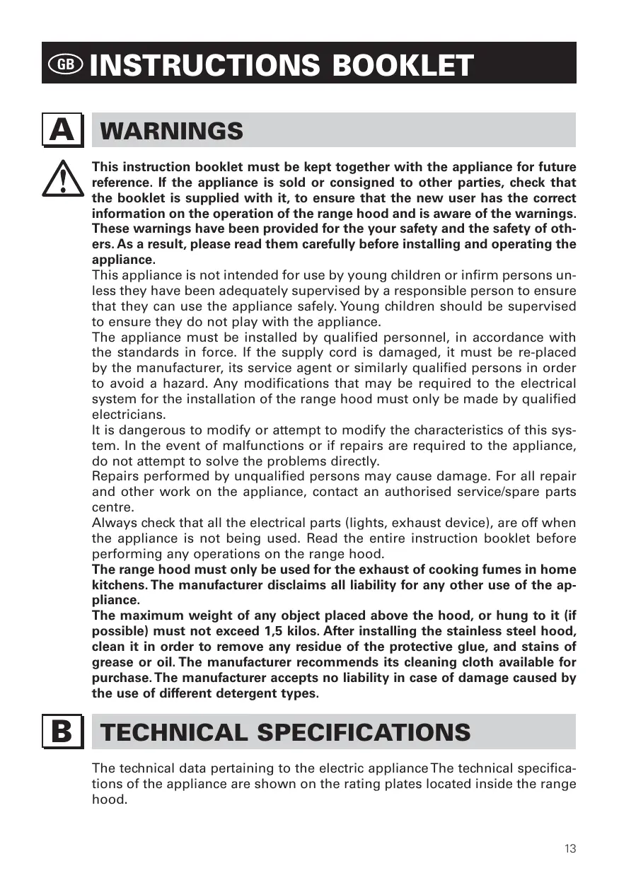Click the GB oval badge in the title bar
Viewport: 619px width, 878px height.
point(66,64)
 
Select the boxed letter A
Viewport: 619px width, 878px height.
point(62,130)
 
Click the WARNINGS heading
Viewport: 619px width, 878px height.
point(172,131)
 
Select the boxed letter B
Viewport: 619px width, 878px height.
point(62,732)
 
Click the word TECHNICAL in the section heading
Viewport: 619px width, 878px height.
point(174,732)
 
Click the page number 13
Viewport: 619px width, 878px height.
point(570,849)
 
